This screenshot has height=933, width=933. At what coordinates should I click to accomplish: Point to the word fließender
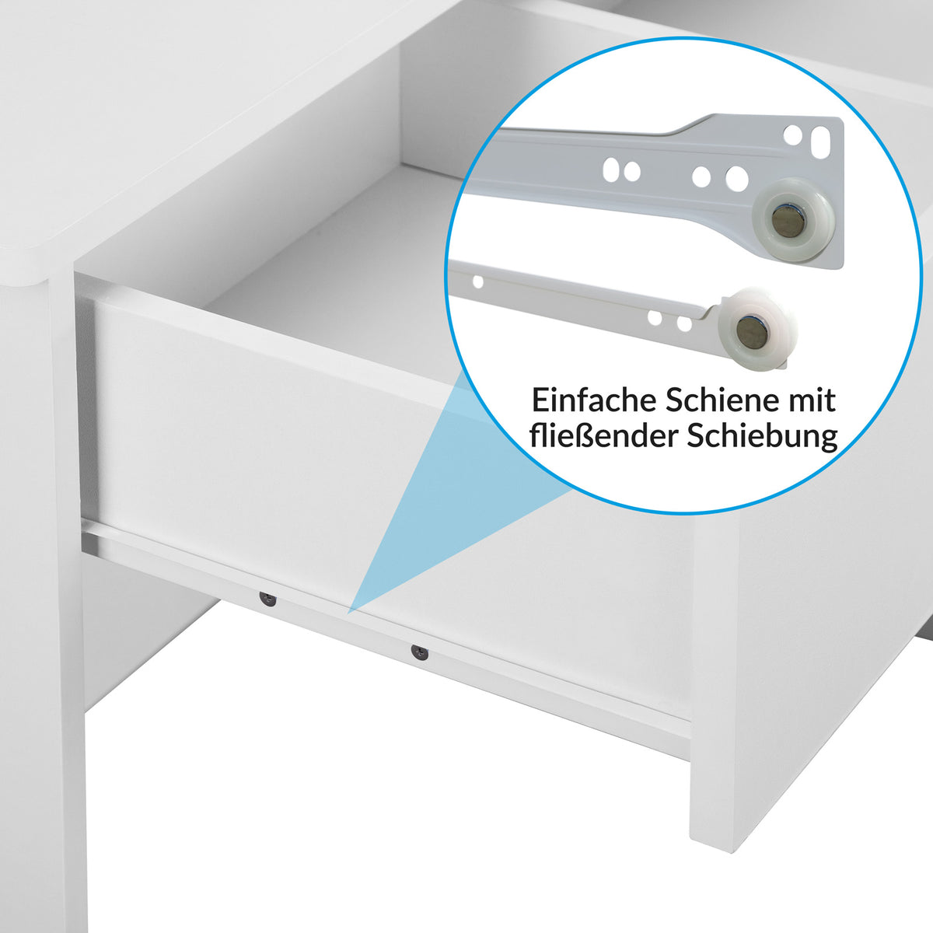point(604,436)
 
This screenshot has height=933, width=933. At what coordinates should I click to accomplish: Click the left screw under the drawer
point(267,599)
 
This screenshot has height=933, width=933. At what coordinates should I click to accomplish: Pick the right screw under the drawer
point(420,652)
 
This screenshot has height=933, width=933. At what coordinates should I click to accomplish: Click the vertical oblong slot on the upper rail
point(821,142)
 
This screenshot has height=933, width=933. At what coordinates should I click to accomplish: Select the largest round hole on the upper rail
point(737,178)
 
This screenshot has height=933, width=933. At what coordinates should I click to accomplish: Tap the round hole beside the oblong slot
point(792,135)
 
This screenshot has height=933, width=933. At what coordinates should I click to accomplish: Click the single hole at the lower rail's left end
point(478,281)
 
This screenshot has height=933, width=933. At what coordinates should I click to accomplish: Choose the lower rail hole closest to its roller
point(684,323)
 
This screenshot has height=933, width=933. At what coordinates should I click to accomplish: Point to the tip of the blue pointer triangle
point(348,613)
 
